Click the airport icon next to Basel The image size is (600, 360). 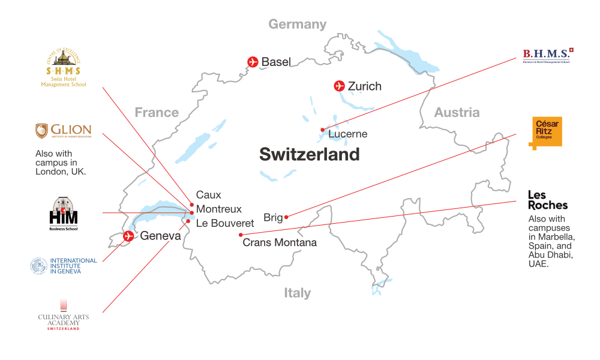click(253, 62)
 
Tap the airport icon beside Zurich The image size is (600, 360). click(340, 86)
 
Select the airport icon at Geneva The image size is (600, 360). click(128, 236)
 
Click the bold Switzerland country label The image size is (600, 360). click(309, 154)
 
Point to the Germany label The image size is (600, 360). click(297, 24)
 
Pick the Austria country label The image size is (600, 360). click(457, 112)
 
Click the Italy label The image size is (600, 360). click(297, 293)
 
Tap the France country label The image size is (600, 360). click(157, 112)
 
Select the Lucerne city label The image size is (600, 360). click(347, 134)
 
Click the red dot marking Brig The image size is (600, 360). click(287, 217)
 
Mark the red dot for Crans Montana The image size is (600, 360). click(241, 235)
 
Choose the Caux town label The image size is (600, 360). click(208, 195)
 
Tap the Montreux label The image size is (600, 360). click(218, 209)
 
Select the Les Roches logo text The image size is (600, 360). click(547, 200)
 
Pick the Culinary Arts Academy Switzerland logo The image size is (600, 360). click(63, 316)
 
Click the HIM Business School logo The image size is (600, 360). click(63, 214)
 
